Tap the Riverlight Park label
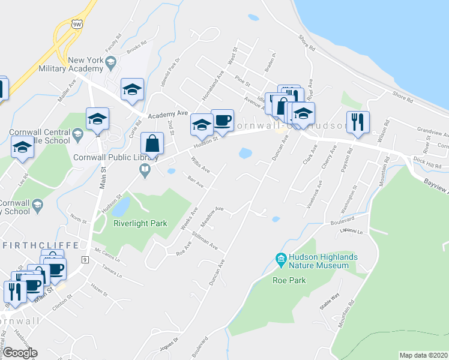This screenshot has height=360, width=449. click(x=140, y=223)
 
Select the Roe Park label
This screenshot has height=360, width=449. click(x=289, y=280)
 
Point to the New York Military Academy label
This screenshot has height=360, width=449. click(x=86, y=65)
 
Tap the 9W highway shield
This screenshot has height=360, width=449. click(x=76, y=25)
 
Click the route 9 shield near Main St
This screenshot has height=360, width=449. click(x=85, y=260)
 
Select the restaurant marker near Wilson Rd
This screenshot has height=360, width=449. click(x=358, y=122)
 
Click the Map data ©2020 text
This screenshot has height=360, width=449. click(x=423, y=355)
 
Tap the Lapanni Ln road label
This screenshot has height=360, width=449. click(x=351, y=230)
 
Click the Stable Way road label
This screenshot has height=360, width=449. click(x=330, y=301)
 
